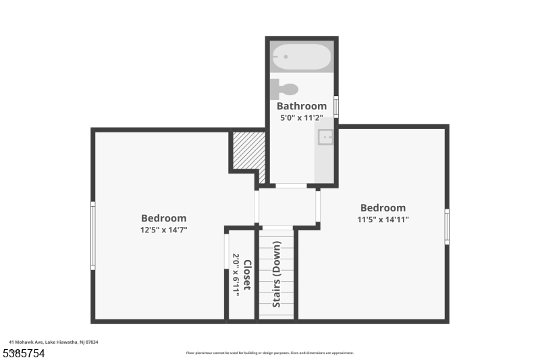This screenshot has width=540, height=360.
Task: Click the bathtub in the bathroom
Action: [301, 57]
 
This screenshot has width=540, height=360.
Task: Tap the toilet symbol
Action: [284, 88]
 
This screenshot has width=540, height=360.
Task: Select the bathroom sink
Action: [326, 137]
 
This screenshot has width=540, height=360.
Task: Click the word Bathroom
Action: [302, 106]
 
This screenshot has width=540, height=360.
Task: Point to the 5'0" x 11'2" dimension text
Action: [302, 118]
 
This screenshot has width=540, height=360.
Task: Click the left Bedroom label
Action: [163, 218]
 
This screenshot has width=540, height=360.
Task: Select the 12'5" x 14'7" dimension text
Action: [163, 230]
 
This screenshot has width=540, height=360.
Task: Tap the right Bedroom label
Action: [383, 208]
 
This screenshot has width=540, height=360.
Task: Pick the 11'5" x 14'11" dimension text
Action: [383, 220]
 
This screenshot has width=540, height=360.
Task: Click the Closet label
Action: [247, 275]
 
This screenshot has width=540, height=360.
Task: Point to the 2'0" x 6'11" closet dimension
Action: [236, 275]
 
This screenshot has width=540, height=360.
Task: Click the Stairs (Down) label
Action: [277, 284]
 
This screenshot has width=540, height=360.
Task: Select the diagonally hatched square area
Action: [246, 150]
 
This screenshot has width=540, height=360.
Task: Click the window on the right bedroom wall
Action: [447, 226]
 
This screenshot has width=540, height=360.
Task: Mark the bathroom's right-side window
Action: [336, 107]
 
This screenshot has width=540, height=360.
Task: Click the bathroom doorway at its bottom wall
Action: [291, 185]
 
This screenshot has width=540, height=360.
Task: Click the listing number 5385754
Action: [24, 353]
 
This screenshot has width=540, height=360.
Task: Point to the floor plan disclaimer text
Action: [270, 353]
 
